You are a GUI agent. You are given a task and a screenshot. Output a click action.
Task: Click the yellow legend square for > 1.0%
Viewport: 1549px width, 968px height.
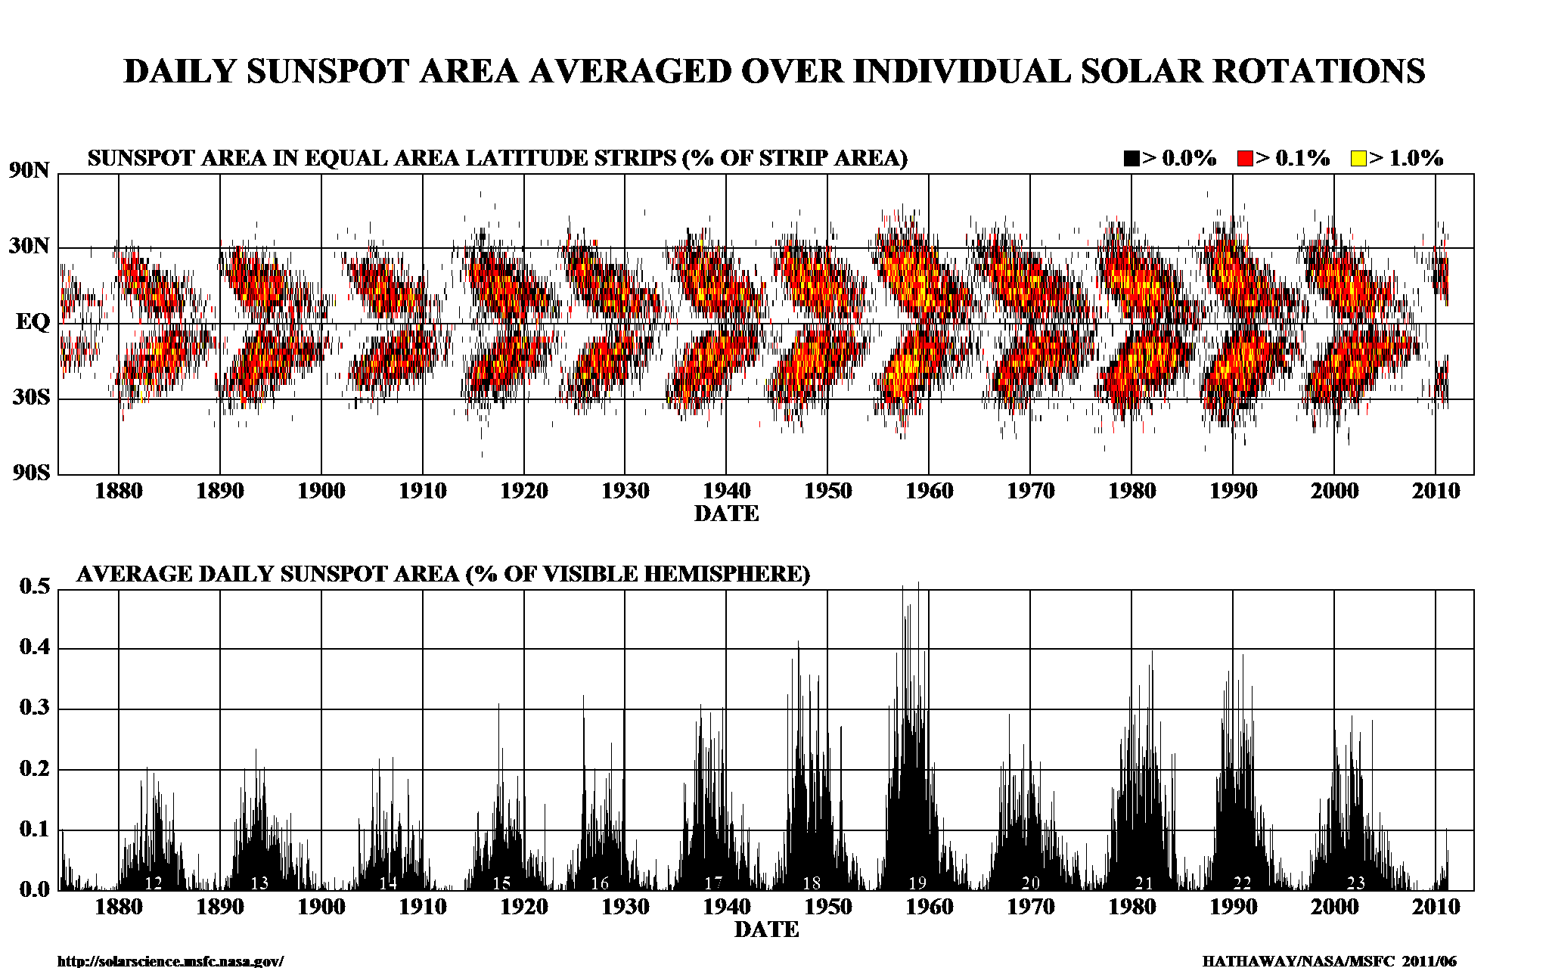click(1358, 159)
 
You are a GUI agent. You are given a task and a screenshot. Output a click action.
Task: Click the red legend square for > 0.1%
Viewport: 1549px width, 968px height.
click(1245, 159)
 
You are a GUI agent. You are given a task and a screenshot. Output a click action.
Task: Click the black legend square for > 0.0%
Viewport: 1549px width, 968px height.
click(1131, 159)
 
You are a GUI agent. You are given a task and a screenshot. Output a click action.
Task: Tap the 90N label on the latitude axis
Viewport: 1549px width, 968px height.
click(29, 170)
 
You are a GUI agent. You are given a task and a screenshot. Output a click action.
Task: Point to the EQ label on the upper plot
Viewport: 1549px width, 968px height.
click(33, 323)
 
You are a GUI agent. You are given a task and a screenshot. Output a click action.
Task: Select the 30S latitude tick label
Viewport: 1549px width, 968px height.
click(31, 397)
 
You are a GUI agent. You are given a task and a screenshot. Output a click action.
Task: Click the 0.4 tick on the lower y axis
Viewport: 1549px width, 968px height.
click(34, 647)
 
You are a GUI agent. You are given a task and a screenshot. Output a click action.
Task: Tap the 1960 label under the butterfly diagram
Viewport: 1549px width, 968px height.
click(929, 492)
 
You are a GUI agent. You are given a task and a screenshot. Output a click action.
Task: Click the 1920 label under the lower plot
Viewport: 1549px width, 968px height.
click(523, 907)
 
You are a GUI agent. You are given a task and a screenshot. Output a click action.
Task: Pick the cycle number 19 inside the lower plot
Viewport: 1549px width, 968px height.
click(917, 883)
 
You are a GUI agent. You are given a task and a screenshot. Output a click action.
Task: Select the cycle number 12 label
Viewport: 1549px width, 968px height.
click(154, 883)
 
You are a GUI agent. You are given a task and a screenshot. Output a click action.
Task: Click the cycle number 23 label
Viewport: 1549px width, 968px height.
click(1356, 883)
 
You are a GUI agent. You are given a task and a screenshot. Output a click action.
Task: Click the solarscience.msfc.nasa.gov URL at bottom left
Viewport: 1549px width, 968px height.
click(170, 961)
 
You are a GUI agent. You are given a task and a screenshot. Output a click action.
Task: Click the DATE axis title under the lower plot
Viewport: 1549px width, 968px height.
click(766, 929)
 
